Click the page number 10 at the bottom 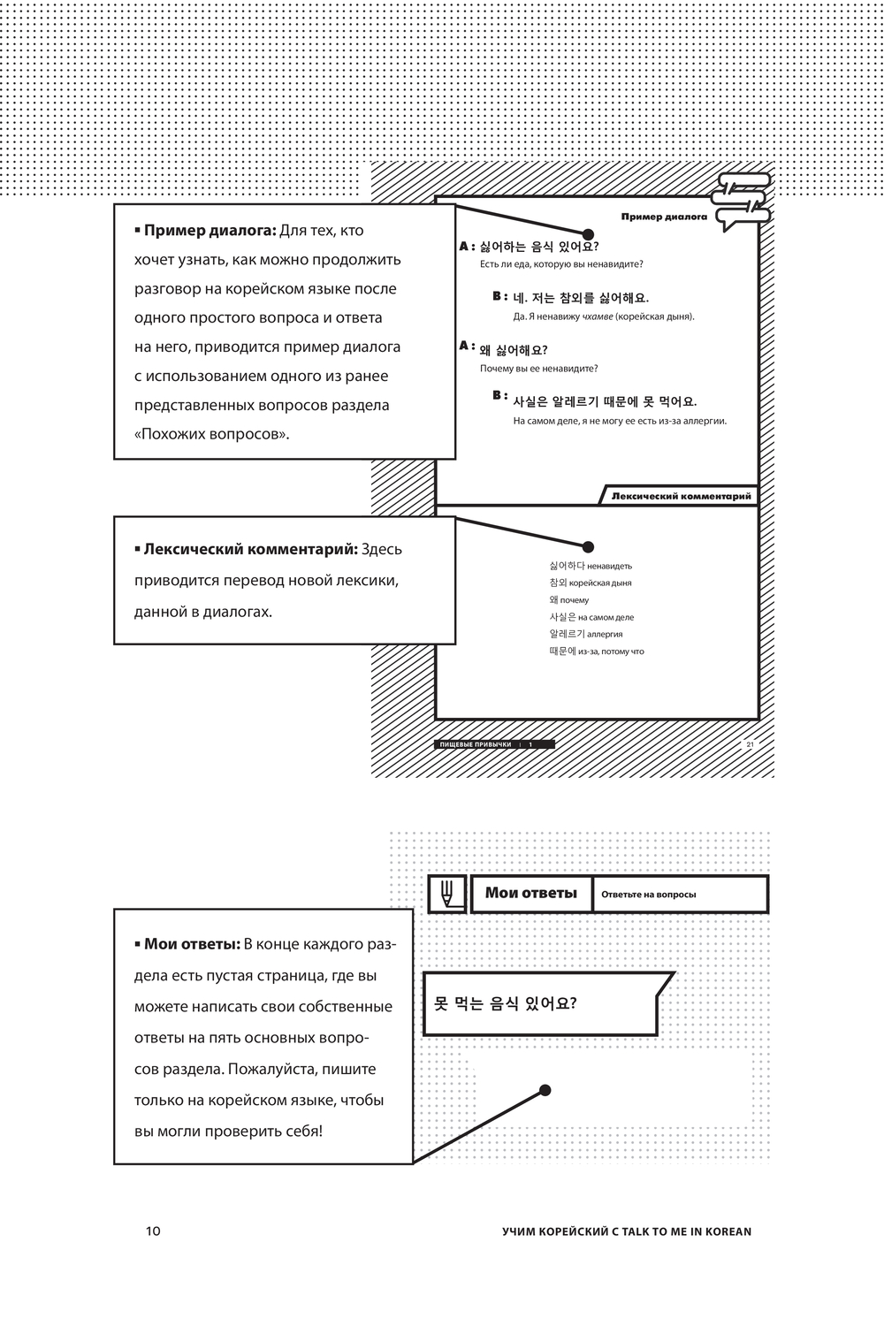[x=153, y=1231]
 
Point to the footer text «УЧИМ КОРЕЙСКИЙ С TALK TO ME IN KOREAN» [x=626, y=1231]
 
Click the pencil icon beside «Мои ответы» [x=447, y=894]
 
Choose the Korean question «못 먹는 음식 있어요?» [x=505, y=1004]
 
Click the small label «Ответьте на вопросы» [x=648, y=895]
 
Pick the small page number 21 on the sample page [x=750, y=744]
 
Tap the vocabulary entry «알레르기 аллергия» [x=585, y=634]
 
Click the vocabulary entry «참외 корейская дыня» [x=590, y=583]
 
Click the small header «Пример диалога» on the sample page [x=664, y=217]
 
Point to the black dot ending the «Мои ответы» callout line [x=545, y=1090]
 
